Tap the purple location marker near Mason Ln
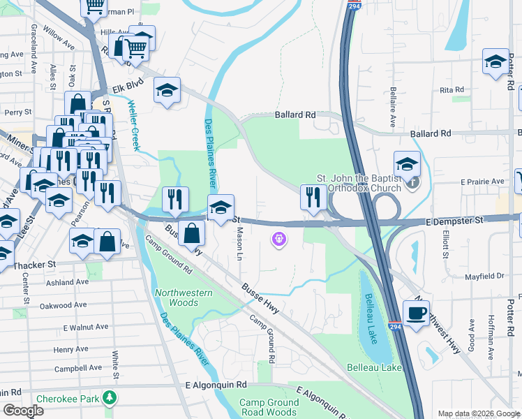(279, 240)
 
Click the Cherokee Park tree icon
(109, 398)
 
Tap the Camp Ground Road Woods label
(269, 407)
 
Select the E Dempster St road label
(454, 221)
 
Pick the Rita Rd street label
(452, 90)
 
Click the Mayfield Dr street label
(484, 277)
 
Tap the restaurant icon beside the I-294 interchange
(311, 196)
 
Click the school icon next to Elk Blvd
(167, 90)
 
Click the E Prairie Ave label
(484, 182)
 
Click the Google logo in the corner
(23, 411)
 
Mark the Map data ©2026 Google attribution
(478, 413)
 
